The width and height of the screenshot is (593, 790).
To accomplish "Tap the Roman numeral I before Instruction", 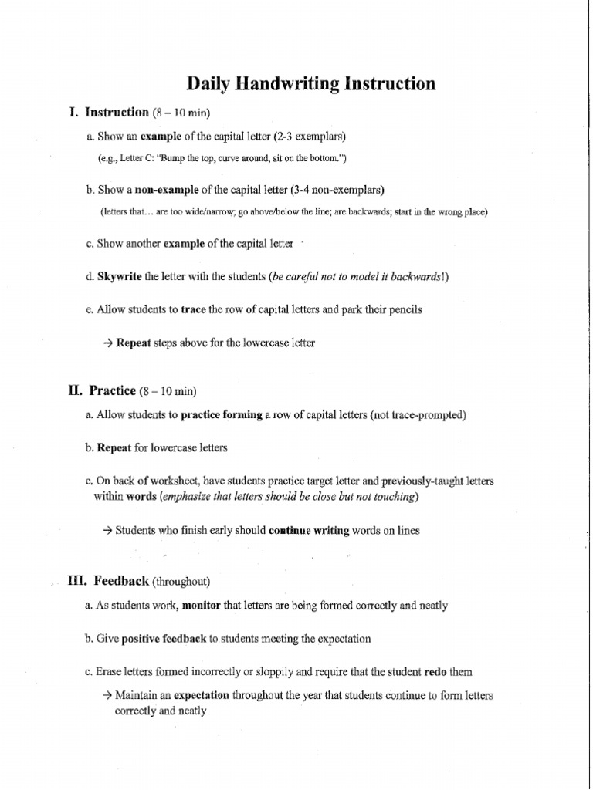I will tap(73, 112).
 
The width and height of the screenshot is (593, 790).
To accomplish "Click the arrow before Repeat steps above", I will tap(107, 343).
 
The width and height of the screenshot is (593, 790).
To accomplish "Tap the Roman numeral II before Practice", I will tap(75, 390).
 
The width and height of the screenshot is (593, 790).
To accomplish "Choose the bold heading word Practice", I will tap(113, 390).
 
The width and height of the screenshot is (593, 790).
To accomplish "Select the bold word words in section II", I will tap(141, 498).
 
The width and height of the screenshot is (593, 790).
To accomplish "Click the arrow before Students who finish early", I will tap(107, 531).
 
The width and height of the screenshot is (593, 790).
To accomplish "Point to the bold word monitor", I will tap(201, 606).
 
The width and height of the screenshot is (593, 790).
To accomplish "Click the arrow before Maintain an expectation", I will tap(107, 695).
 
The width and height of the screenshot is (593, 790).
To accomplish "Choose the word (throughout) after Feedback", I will tap(181, 581).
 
